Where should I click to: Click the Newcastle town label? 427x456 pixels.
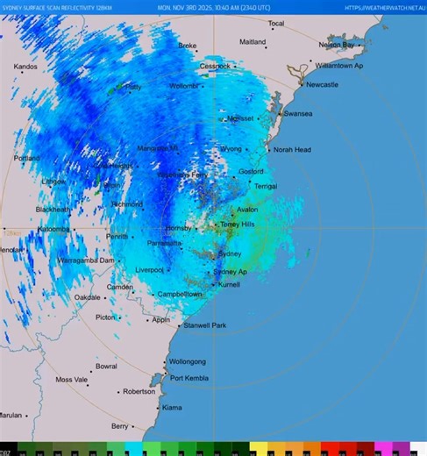[x=322, y=85]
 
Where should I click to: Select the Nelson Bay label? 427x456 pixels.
[x=338, y=45]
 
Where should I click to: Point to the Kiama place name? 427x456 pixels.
[x=172, y=408]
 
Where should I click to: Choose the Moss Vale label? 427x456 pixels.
[x=71, y=380]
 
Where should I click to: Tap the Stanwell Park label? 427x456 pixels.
[x=205, y=325]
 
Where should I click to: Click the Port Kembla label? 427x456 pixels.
[x=190, y=379]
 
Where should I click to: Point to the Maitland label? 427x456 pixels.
[x=253, y=42]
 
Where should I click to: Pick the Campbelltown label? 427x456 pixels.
[x=180, y=295]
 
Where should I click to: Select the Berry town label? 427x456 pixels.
[x=119, y=426]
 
